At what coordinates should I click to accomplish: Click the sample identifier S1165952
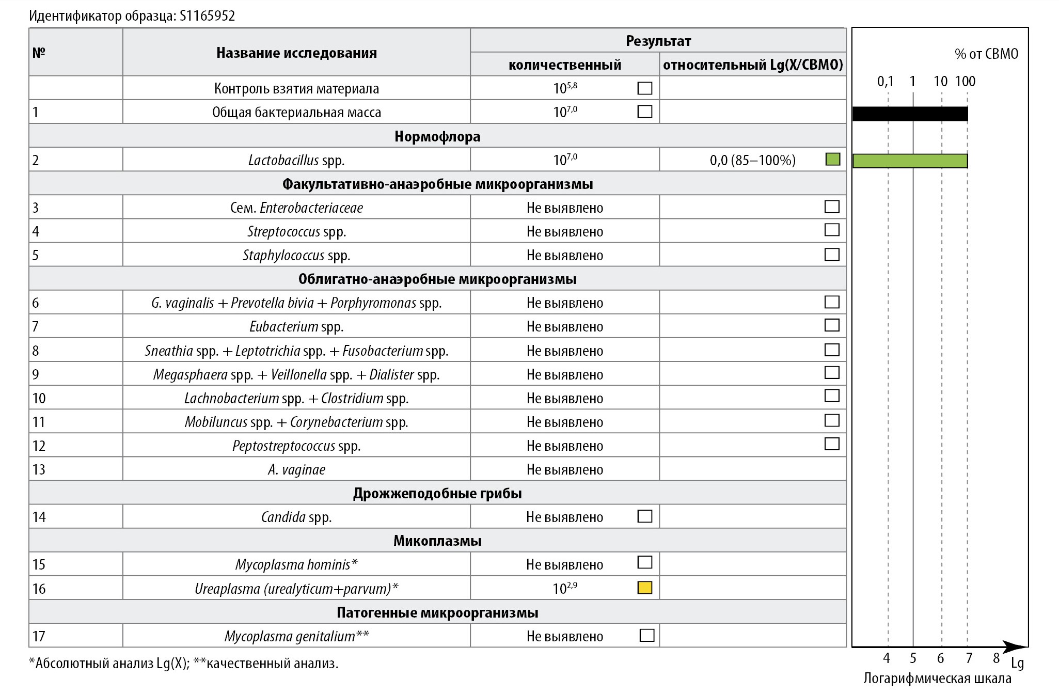(x=207, y=16)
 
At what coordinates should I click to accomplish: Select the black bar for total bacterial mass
(x=910, y=114)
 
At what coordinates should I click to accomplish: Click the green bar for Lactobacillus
(x=910, y=161)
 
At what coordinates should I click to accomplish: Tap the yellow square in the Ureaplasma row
(x=645, y=588)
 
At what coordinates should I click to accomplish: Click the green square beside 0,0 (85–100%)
(x=832, y=160)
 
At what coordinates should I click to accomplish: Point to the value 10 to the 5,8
(x=565, y=88)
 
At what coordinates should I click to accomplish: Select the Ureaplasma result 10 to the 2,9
(x=565, y=588)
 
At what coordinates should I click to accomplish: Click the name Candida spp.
(x=296, y=517)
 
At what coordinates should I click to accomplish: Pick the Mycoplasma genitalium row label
(x=296, y=636)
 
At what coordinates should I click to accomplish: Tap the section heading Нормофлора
(x=437, y=136)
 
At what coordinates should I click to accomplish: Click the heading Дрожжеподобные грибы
(x=437, y=493)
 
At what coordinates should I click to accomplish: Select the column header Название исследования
(x=296, y=53)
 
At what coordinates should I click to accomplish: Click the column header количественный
(x=565, y=65)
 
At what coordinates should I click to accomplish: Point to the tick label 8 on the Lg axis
(x=996, y=658)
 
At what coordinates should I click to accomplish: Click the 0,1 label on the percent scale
(x=886, y=81)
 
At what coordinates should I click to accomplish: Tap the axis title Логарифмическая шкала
(x=937, y=679)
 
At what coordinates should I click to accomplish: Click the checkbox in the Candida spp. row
(x=645, y=516)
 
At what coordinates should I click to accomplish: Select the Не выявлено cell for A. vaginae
(x=565, y=469)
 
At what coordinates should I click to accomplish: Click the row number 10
(x=39, y=398)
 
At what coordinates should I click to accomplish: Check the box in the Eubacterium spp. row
(x=832, y=325)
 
